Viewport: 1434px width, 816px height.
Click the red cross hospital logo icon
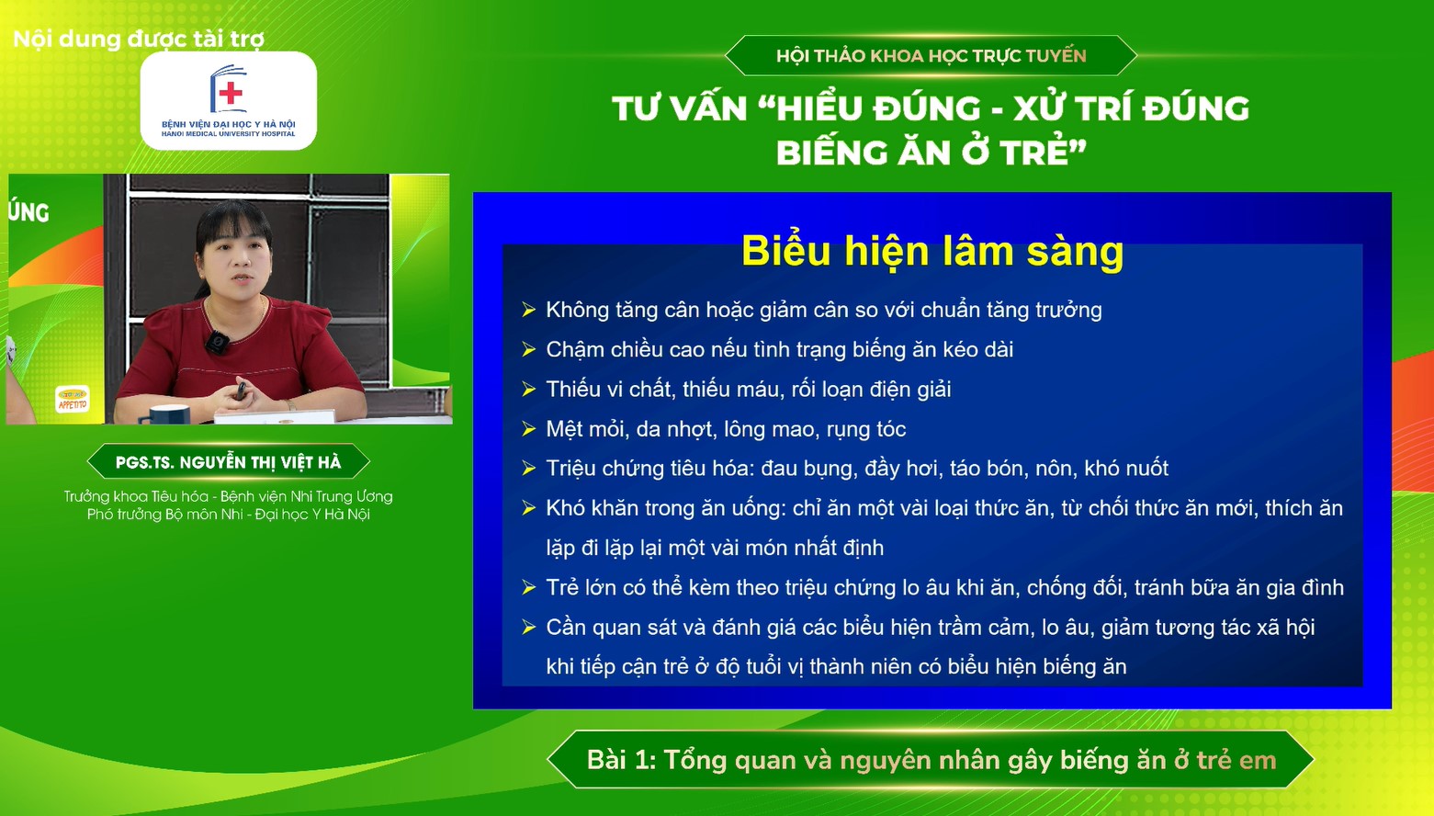229,90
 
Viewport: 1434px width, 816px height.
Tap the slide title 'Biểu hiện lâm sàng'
932,251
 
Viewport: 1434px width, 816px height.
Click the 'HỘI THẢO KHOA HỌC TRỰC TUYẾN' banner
931,56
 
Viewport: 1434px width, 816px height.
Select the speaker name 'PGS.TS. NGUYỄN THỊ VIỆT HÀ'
228,462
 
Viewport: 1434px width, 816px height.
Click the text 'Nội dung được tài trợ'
139,40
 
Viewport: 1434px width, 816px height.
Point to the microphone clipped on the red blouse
217,343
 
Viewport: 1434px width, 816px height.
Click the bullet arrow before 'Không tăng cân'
528,310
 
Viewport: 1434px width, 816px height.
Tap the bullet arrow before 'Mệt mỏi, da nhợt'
528,429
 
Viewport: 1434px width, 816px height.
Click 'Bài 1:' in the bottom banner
621,760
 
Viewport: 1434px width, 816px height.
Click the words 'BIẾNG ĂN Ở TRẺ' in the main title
930,153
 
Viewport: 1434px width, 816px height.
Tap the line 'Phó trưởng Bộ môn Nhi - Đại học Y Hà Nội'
228,515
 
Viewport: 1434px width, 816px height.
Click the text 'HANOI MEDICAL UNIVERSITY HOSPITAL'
229,134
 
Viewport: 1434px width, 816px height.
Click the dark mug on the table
170,414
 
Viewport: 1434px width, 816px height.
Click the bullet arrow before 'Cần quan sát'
528,628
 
